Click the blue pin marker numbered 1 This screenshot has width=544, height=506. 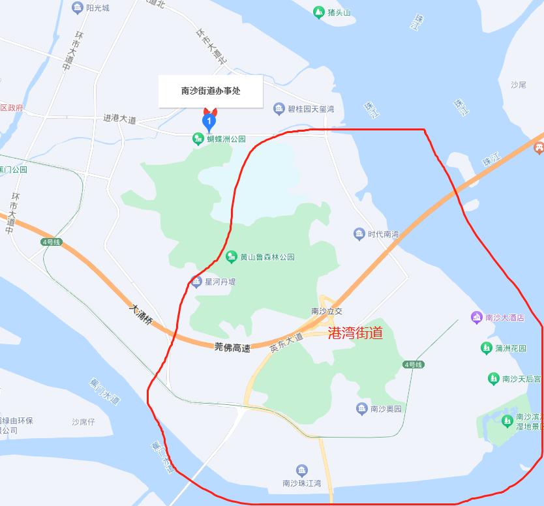point(209,120)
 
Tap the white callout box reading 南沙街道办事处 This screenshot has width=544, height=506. point(211,91)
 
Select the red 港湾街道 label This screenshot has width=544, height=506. point(355,333)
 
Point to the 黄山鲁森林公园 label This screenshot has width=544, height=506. point(267,257)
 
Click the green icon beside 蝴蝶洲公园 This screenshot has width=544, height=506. point(198,138)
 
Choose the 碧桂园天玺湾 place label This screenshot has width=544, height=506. point(311,109)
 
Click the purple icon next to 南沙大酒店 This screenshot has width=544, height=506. point(476,318)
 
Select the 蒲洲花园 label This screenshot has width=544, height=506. point(510,348)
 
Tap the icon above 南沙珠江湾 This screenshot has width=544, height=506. point(301,470)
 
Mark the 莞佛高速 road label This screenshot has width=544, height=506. point(232,348)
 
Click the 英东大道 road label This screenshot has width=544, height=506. point(286,343)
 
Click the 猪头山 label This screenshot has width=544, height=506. point(339,12)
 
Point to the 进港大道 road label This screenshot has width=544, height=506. point(119,119)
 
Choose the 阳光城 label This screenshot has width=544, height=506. point(97,8)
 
